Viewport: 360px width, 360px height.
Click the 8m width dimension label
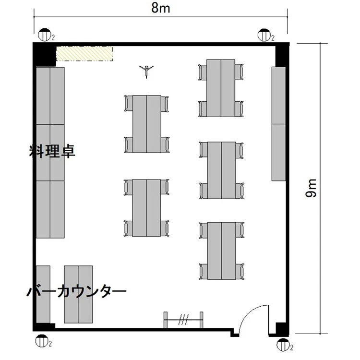(160, 8)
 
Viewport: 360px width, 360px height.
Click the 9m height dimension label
(311, 188)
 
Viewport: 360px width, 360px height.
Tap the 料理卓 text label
(52, 151)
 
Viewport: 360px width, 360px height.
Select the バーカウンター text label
(77, 291)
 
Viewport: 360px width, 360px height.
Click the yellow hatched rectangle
(84, 54)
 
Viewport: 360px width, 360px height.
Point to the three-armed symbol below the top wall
(146, 71)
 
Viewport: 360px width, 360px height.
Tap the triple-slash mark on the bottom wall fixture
(183, 319)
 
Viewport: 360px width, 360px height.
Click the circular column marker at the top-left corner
(44, 35)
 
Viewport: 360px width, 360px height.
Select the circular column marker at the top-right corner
(264, 35)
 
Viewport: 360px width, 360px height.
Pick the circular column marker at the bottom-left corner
(42, 341)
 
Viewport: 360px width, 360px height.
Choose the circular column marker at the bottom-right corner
(283, 344)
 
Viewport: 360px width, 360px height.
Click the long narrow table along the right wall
(278, 124)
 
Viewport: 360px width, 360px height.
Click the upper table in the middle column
(147, 124)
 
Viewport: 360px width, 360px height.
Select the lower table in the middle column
(146, 208)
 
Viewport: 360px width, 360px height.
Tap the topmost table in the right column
(221, 88)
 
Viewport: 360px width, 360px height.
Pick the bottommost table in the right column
(222, 251)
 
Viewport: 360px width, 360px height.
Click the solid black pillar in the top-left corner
(45, 55)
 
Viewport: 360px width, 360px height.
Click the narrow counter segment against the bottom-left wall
(43, 294)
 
